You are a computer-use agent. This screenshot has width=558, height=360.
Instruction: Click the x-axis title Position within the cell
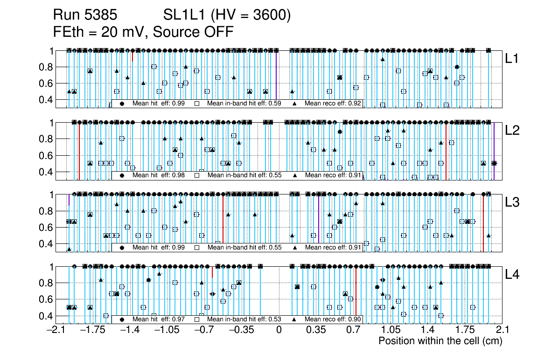[x=440, y=341]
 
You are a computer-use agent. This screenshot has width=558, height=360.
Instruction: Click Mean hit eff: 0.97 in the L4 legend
[x=153, y=319]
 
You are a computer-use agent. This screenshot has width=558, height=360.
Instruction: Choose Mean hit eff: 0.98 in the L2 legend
[x=153, y=176]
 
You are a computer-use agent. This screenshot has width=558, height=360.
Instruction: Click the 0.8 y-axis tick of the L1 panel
[x=47, y=67]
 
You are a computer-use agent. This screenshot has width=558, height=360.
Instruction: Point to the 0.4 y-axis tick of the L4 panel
[x=47, y=316]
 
